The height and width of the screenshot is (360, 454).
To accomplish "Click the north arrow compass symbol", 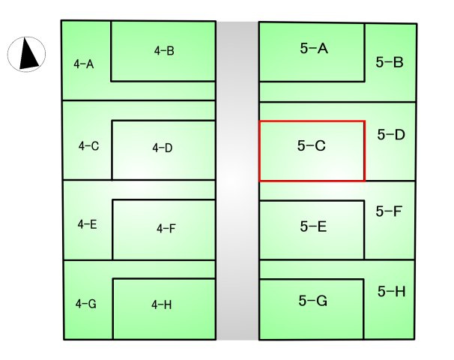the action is [26, 54].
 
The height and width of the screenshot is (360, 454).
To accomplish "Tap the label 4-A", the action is [84, 64].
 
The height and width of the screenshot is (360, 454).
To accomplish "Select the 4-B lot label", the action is [164, 51].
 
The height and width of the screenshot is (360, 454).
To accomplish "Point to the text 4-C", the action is [88, 145].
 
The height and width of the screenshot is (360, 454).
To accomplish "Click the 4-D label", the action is [162, 148].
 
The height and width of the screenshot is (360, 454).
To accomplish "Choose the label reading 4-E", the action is [87, 224].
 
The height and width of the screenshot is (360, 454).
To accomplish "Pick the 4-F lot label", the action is [166, 229].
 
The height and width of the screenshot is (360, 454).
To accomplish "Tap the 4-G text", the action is [85, 304].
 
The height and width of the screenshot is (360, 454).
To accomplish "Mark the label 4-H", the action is [162, 304].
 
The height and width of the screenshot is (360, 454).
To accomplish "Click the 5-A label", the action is [314, 48].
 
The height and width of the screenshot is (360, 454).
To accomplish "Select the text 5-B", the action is [390, 62].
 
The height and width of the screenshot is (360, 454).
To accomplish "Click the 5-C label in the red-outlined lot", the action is [311, 145].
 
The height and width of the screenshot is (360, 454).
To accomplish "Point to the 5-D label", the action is [391, 134].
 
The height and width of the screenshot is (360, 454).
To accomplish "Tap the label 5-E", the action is [313, 226].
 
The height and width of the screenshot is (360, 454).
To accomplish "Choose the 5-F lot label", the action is [389, 211].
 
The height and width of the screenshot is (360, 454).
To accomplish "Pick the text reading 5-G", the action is [313, 301].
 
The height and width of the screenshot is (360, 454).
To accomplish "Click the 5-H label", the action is [392, 291].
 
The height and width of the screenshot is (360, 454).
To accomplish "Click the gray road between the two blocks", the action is [237, 180].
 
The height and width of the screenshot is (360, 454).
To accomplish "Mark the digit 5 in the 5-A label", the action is [303, 48].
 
